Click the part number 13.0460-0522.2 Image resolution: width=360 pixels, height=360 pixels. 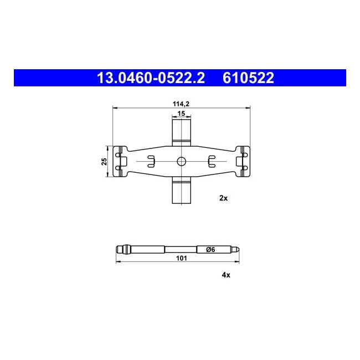pyautogui.click(x=151, y=78)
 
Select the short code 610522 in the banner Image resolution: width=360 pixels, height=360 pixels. pyautogui.click(x=248, y=78)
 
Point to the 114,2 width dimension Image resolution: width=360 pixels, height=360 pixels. pyautogui.click(x=181, y=104)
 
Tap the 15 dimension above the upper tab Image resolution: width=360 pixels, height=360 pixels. pyautogui.click(x=181, y=114)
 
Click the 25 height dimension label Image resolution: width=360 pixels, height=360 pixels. pyautogui.click(x=105, y=161)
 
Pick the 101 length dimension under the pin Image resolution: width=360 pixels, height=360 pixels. pyautogui.click(x=181, y=258)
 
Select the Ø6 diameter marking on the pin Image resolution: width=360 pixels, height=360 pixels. pyautogui.click(x=210, y=249)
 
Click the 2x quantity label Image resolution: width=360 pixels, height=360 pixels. pyautogui.click(x=223, y=198)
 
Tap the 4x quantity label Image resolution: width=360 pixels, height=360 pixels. pyautogui.click(x=226, y=275)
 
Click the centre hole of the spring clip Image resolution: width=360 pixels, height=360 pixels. pyautogui.click(x=181, y=161)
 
